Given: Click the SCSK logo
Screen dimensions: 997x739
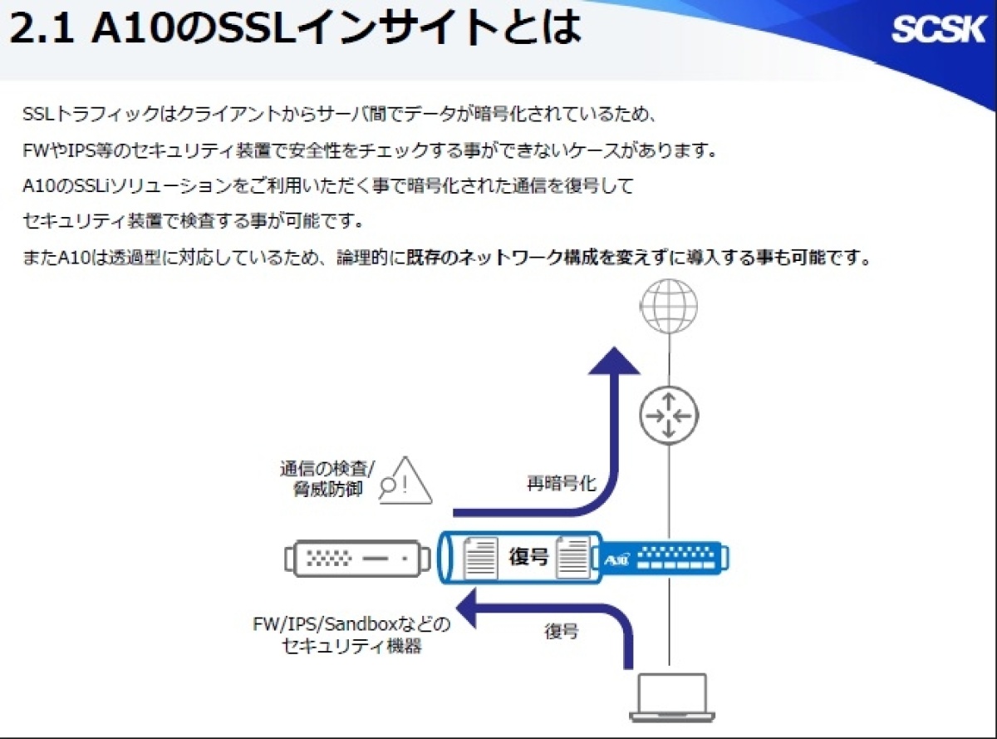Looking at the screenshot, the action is point(938,30).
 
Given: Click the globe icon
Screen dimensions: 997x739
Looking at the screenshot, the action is point(669,306).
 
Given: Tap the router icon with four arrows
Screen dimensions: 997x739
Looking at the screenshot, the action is point(669,416).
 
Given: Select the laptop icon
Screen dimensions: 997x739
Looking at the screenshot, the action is point(672,697).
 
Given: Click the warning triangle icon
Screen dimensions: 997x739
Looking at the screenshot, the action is point(406,480).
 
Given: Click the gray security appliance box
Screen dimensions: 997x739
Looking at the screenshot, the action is point(357,559).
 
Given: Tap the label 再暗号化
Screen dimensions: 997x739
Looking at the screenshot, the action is point(562,484).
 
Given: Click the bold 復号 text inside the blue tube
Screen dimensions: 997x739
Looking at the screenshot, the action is point(528,556).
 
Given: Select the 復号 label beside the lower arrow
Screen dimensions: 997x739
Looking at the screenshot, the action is point(562,632).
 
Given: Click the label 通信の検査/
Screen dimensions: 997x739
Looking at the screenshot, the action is point(327,469).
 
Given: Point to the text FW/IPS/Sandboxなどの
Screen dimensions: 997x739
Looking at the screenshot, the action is point(351,623).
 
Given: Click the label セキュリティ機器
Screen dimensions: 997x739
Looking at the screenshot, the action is point(351,646).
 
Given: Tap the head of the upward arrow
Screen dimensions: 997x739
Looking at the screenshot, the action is point(614,361).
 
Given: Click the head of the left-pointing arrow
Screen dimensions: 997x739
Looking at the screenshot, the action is point(466,608).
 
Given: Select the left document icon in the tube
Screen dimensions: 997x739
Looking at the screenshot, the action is point(480,558).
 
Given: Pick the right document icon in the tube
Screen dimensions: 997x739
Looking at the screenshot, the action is point(573,557).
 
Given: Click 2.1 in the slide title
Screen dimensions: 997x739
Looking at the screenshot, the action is point(42,29).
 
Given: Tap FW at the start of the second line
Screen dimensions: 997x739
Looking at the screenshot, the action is point(35,150).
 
